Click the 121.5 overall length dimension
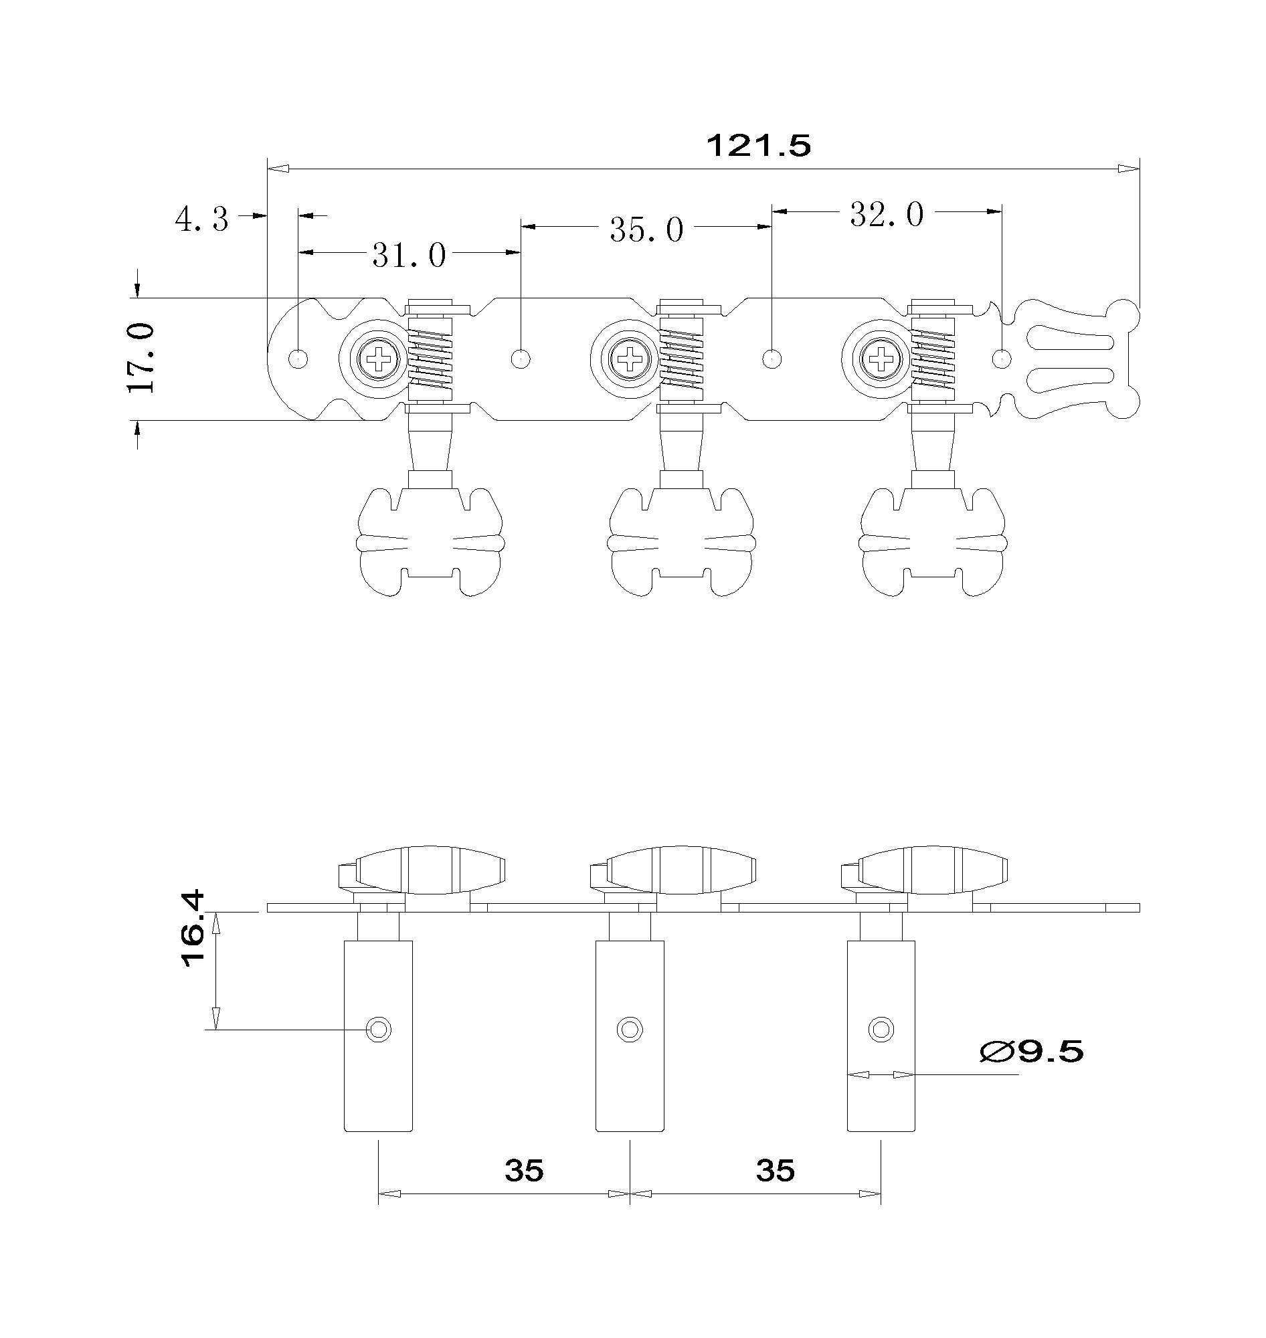[758, 146]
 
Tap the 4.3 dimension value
[202, 219]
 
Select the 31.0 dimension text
[409, 256]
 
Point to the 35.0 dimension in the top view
[646, 230]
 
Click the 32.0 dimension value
[886, 215]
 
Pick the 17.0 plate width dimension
[141, 358]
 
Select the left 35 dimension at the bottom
[524, 1171]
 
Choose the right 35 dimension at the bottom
[776, 1171]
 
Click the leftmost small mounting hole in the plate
[298, 359]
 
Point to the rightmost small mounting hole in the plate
[1002, 359]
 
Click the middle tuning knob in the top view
[682, 543]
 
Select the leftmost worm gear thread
[430, 359]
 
